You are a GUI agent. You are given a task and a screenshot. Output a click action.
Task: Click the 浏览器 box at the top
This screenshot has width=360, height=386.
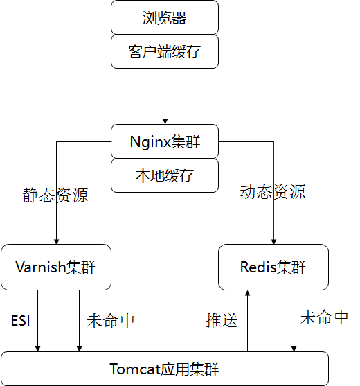tap(165, 18)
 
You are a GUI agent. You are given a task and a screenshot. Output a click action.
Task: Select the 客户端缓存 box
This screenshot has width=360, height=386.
tap(165, 52)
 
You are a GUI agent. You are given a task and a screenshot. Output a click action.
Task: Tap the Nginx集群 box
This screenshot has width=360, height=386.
tap(165, 141)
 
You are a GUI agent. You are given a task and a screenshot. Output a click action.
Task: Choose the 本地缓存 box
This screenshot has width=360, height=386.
tap(165, 175)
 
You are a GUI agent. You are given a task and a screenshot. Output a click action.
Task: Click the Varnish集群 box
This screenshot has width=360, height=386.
tap(56, 267)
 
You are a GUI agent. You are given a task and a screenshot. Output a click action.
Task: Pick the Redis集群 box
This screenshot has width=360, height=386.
tap(273, 267)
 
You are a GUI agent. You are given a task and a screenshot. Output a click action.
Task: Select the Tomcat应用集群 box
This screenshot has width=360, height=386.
tap(165, 368)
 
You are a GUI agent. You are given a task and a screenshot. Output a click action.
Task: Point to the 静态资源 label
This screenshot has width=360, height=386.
tap(55, 195)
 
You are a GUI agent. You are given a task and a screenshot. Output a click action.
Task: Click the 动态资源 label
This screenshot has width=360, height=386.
tap(273, 191)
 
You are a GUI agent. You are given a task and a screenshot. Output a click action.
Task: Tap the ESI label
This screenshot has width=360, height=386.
tap(20, 321)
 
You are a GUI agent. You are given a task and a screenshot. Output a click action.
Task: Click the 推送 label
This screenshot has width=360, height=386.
tap(222, 320)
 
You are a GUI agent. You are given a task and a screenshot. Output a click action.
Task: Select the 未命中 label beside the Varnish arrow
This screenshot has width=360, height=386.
tap(111, 320)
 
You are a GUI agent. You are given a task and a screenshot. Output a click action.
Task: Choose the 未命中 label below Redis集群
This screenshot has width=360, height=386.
tap(324, 317)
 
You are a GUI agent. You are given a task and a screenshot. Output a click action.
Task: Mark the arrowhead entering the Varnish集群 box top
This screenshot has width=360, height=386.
tap(56, 240)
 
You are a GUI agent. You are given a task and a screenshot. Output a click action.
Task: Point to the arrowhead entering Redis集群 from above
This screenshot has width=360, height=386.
tap(273, 240)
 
